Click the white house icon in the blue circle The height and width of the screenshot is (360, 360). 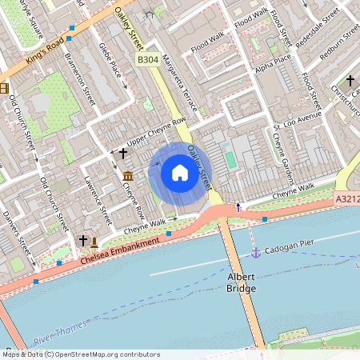(179, 172)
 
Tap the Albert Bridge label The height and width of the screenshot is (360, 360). (242, 281)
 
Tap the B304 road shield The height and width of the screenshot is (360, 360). (147, 60)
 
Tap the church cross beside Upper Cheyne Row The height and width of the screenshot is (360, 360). (123, 152)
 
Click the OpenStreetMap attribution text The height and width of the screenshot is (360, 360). (80, 354)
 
